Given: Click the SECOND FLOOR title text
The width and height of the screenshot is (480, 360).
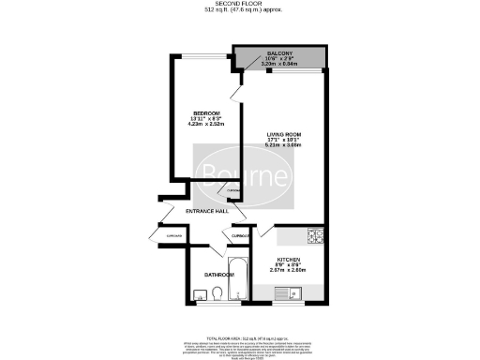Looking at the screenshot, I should point(239,5).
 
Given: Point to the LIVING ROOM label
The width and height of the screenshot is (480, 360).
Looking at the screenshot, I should point(281,136).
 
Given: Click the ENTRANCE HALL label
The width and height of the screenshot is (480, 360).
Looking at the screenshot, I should point(209,212).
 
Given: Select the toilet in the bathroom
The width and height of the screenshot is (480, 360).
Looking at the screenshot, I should point(216,294).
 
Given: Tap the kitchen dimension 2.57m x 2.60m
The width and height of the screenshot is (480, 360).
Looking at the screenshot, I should point(289,270).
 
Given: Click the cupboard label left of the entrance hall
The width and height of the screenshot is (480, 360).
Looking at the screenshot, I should point(172,236).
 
